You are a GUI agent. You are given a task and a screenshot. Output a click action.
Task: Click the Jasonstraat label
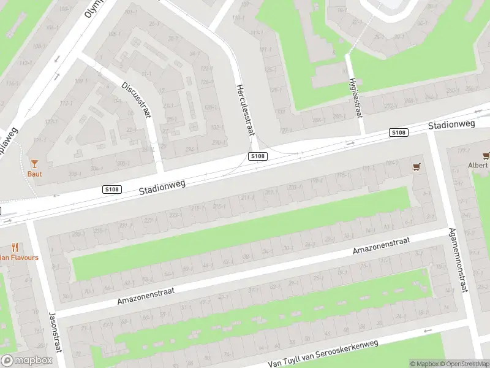click(x=53, y=329)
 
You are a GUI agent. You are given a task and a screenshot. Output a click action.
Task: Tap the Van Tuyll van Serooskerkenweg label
click(x=323, y=354)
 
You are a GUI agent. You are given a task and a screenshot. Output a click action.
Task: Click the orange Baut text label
click(x=34, y=173)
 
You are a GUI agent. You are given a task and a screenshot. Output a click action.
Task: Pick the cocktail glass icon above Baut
click(x=34, y=163)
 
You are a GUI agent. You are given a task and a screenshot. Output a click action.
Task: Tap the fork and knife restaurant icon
click(x=15, y=248)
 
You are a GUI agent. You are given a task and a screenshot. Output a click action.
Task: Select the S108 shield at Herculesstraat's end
click(x=258, y=156)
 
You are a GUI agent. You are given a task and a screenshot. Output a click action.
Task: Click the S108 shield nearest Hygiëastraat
click(x=399, y=132)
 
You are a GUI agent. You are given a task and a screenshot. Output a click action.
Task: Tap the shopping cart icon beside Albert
click(x=486, y=155)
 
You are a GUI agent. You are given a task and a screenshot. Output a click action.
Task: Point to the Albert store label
click(x=478, y=165)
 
